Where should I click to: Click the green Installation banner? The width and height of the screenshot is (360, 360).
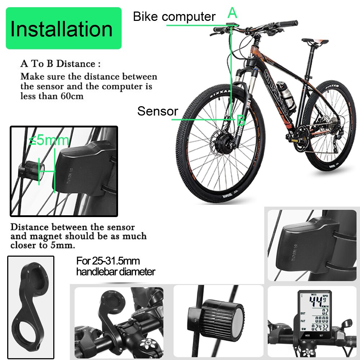(x=63, y=28)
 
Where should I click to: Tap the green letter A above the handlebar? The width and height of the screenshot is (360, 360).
(x=233, y=13)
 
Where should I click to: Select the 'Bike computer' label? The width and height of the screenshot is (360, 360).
(x=174, y=17)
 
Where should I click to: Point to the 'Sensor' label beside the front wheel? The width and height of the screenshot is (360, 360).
(x=157, y=111)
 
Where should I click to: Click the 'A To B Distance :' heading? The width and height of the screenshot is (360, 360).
(x=60, y=64)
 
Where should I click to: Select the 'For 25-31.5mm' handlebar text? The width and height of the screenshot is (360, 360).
(x=108, y=260)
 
